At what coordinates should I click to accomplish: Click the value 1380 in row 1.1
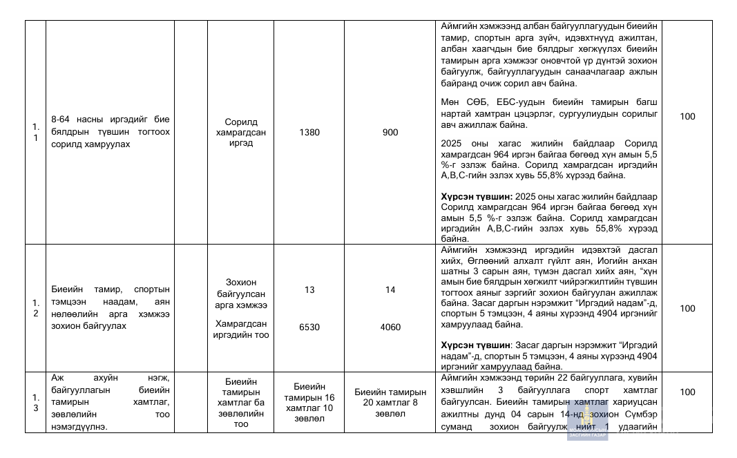(x=309, y=133)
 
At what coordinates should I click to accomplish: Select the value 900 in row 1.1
(x=390, y=133)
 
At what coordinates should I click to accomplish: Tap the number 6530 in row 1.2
(x=309, y=327)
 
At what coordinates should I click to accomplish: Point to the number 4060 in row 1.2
(x=390, y=327)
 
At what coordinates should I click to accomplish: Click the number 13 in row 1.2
(x=309, y=290)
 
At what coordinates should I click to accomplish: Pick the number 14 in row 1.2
(x=390, y=290)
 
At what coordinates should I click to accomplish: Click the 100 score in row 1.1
(x=687, y=117)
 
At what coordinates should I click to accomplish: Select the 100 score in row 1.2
(x=687, y=309)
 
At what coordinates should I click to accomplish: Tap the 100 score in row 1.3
(x=687, y=392)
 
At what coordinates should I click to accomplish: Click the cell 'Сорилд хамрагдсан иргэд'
(x=240, y=133)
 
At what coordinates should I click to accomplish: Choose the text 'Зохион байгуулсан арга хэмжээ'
(x=240, y=293)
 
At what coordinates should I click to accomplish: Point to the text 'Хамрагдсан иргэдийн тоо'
(x=240, y=330)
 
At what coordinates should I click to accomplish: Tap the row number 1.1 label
(x=35, y=133)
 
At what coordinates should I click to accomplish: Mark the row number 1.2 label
(x=35, y=308)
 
